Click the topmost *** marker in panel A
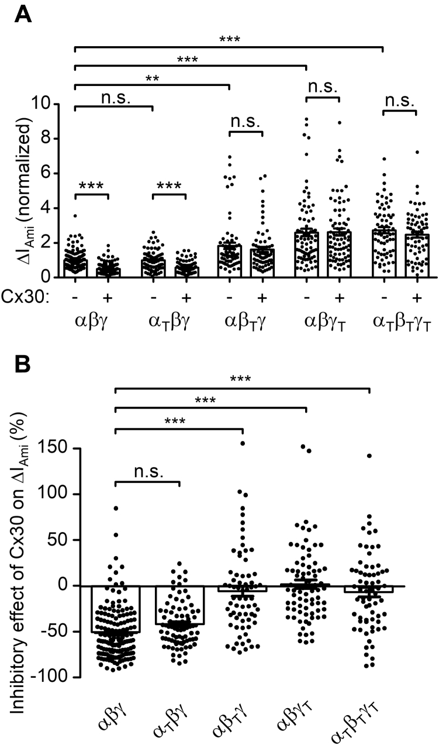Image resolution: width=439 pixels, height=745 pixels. point(230,40)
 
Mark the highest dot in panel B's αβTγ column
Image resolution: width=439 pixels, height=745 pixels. point(243,443)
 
